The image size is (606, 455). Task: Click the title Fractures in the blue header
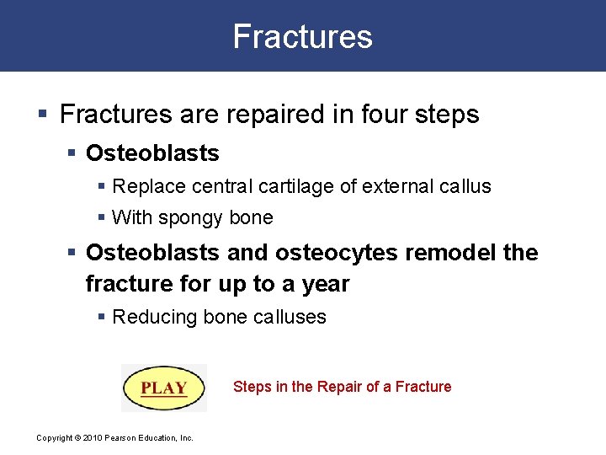pyautogui.click(x=302, y=36)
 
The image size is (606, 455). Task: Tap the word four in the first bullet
pyautogui.click(x=380, y=115)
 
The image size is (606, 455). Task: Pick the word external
pyautogui.click(x=391, y=186)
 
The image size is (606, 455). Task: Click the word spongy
pyautogui.click(x=190, y=218)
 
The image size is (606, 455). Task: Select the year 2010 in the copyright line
pyautogui.click(x=93, y=437)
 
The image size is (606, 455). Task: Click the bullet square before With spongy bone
pyautogui.click(x=102, y=218)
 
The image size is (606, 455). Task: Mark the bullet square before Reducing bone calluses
pyautogui.click(x=102, y=318)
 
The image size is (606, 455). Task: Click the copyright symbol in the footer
pyautogui.click(x=77, y=437)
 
